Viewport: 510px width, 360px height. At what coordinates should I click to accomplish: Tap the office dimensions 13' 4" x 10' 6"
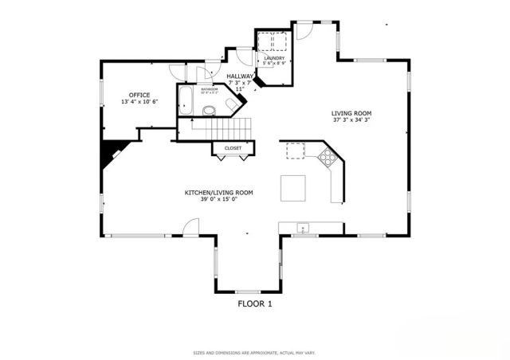pyautogui.click(x=139, y=102)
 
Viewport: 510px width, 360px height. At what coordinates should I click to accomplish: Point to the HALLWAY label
pyautogui.click(x=240, y=76)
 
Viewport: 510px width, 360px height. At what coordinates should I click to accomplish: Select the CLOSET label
pyautogui.click(x=233, y=148)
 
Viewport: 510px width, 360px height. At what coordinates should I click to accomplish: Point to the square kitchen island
pyautogui.click(x=292, y=188)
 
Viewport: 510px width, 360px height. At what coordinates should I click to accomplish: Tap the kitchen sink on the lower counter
pyautogui.click(x=303, y=229)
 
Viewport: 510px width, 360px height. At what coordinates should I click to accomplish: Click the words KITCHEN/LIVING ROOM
pyautogui.click(x=219, y=193)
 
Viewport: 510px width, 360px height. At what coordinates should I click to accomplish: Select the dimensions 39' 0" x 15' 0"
pyautogui.click(x=219, y=201)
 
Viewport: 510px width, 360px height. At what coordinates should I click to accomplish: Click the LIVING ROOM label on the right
pyautogui.click(x=351, y=113)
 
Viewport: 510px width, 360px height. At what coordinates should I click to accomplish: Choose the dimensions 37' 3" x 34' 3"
pyautogui.click(x=351, y=121)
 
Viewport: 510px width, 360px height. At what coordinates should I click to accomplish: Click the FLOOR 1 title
pyautogui.click(x=255, y=303)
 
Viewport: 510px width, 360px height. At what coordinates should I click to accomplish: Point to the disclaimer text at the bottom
pyautogui.click(x=255, y=352)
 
